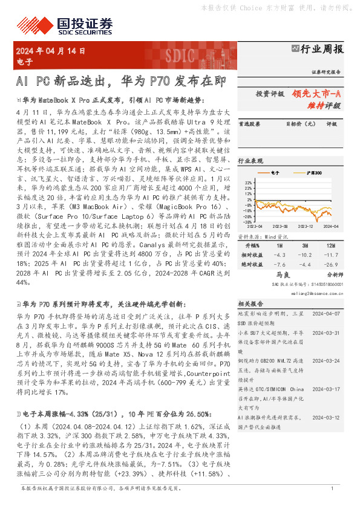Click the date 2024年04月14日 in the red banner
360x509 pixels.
tap(51, 51)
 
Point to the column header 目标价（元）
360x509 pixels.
tap(300, 124)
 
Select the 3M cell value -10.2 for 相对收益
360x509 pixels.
tap(304, 254)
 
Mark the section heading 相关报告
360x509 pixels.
tap(249, 303)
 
